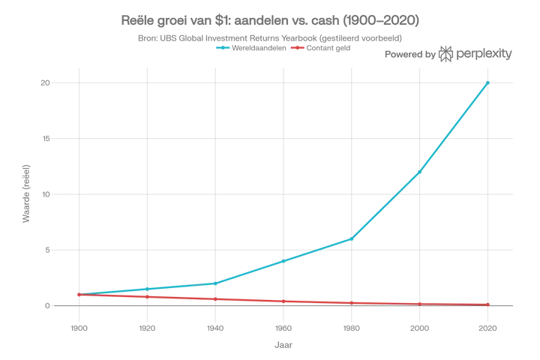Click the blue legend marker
coord(222,48)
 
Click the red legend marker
coord(297,48)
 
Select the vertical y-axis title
coord(26,193)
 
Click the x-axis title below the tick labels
coord(282,346)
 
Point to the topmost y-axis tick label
coord(46,84)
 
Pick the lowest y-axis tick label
coord(46,306)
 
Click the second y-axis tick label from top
coord(46,139)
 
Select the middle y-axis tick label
coord(46,195)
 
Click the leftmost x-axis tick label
coord(77,329)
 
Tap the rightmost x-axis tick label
coord(489,329)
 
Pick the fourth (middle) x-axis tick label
coord(283,329)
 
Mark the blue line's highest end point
coord(490,81)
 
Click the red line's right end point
coord(490,304)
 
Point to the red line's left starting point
coord(78,295)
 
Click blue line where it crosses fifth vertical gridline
coord(352,238)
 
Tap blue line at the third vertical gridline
coord(214,283)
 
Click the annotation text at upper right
coord(447,53)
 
